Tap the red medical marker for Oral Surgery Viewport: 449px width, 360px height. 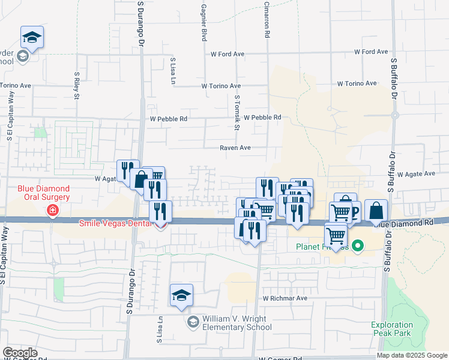(53, 210)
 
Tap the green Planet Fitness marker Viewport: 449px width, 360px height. (358, 245)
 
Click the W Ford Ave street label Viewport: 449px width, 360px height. (228, 54)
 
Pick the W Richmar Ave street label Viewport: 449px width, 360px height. (285, 298)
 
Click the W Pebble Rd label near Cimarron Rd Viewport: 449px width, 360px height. (262, 118)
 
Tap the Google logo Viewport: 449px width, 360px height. (20, 353)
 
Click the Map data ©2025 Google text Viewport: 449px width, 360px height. (411, 355)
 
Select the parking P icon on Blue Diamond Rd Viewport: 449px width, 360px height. (354, 211)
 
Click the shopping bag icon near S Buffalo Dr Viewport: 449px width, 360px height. (376, 211)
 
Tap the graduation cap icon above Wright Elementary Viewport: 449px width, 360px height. (181, 295)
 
